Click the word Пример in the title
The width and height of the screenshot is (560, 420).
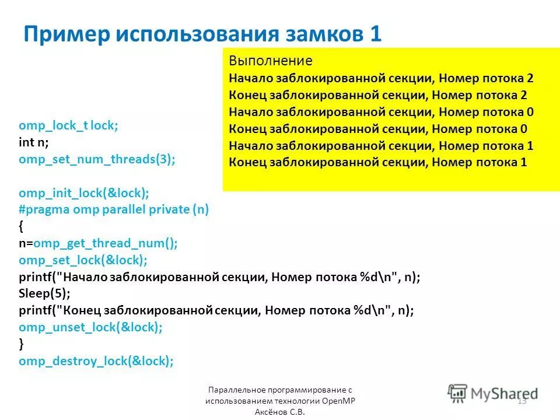point(65,34)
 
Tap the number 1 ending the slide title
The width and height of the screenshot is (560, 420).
point(374,34)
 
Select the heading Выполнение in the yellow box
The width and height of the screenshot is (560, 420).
point(270,61)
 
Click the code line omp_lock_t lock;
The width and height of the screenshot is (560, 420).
point(68,125)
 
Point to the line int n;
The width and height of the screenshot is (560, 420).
point(34,142)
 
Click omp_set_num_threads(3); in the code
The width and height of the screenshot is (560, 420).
point(97,159)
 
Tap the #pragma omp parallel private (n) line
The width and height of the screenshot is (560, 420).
point(114,210)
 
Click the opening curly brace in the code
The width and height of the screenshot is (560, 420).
point(22,226)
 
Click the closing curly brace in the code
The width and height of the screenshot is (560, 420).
point(22,344)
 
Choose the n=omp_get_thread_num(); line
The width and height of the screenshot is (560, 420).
point(98,243)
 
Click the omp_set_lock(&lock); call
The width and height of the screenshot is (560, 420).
point(83,260)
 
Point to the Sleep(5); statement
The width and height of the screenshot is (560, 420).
point(44,294)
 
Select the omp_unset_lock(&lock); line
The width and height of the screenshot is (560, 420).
point(90,327)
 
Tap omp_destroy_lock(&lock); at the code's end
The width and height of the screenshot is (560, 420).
point(96,361)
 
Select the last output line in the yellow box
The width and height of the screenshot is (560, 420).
point(378,162)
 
